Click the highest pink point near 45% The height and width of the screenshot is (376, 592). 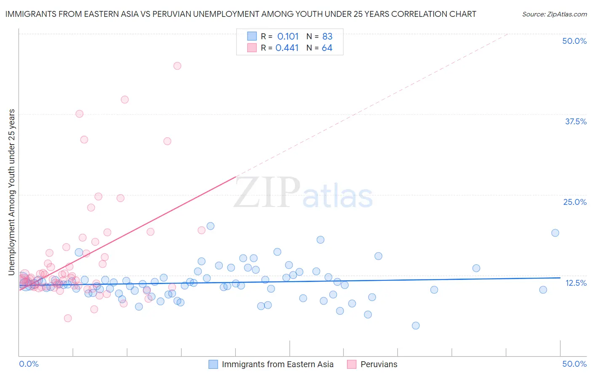(177, 66)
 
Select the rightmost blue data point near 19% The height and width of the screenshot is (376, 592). (555, 233)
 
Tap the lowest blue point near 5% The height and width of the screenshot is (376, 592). (416, 325)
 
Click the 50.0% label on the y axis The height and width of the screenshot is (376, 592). (574, 41)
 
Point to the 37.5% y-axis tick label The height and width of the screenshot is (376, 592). (576, 121)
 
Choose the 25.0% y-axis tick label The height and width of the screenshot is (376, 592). (575, 202)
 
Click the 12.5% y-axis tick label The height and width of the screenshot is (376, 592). (576, 283)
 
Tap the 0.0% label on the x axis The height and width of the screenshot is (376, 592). (29, 364)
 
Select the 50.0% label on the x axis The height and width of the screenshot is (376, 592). (574, 364)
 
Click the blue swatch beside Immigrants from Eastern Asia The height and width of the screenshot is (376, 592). (213, 364)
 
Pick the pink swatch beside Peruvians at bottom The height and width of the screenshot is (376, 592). (352, 364)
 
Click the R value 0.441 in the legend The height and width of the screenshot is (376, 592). (287, 48)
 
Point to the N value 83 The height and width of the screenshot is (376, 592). (327, 36)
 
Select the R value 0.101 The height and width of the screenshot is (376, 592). (288, 36)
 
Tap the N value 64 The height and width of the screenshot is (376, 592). (327, 48)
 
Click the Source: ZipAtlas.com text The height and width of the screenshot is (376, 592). (554, 14)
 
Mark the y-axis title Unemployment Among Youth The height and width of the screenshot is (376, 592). (11, 192)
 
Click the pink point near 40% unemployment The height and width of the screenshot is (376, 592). (125, 99)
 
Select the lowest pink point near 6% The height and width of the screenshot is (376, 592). (68, 318)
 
